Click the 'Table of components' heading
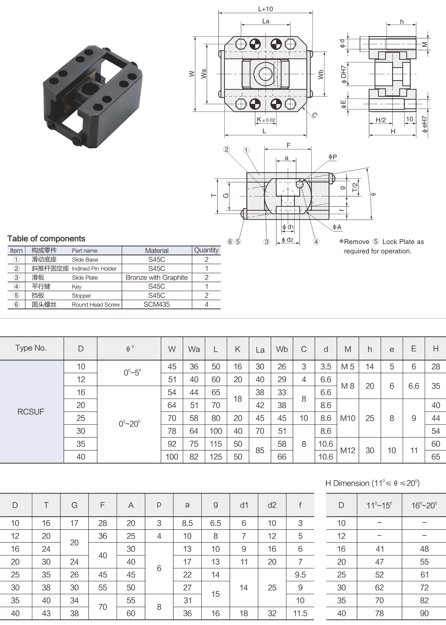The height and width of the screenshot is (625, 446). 46,239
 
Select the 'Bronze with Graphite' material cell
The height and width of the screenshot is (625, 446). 157,277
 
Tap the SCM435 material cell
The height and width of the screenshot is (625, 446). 157,304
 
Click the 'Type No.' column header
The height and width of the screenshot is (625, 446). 31,348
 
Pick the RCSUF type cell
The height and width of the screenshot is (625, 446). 31,411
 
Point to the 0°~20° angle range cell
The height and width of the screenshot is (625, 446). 129,424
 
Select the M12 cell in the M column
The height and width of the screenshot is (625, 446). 348,450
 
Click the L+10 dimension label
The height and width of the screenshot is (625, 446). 265,9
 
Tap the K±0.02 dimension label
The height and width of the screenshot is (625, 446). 266,120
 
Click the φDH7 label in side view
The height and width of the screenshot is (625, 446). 343,74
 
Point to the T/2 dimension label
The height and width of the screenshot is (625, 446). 355,187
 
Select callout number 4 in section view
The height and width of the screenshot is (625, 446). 316,242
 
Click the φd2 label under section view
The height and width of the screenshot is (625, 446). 287,240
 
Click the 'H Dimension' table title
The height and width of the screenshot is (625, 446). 372,483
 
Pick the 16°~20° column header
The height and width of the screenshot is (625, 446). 424,505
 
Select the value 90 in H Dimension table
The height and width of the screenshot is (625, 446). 424,613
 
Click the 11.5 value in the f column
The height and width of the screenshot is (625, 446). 300,613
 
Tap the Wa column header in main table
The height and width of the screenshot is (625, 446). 194,349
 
